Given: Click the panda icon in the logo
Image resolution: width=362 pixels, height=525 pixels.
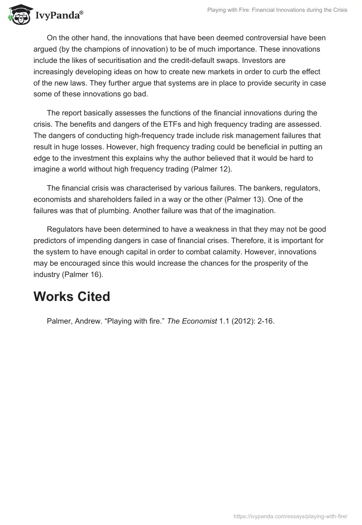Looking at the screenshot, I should pos(19,14).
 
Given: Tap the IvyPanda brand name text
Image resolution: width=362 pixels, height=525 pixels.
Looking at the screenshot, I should pos(59,16).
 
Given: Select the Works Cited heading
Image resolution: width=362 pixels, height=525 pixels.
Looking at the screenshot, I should pos(72,296).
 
